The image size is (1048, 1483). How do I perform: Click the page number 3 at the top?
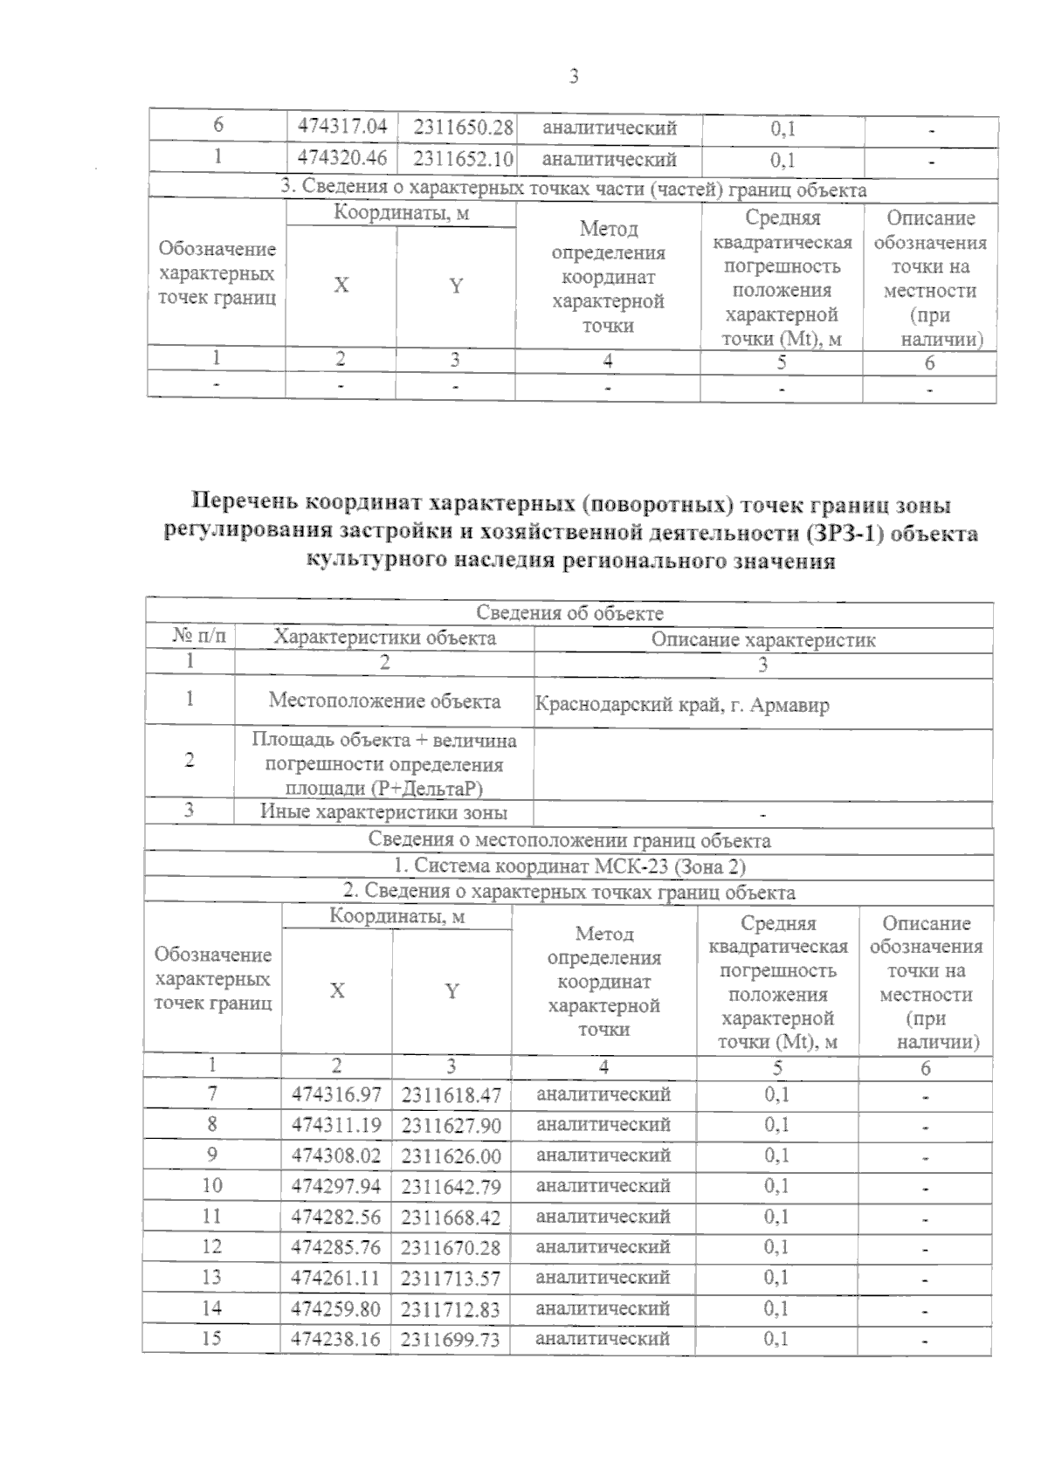tap(574, 77)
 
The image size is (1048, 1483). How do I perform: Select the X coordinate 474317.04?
tap(342, 128)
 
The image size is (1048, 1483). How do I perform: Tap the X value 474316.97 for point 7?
tap(336, 1094)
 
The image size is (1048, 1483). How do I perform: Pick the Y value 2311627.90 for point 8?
tap(452, 1125)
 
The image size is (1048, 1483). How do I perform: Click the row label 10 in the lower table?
tap(212, 1185)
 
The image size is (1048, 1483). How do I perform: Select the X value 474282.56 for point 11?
tap(336, 1217)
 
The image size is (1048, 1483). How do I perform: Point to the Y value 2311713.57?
tap(452, 1278)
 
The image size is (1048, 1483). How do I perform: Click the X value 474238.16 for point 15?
tap(336, 1339)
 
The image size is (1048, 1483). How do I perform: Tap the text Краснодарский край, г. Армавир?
tap(682, 705)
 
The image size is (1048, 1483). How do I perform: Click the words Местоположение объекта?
tap(384, 700)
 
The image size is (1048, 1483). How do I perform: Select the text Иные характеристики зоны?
tap(383, 812)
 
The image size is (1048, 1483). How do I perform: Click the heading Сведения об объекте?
tap(569, 614)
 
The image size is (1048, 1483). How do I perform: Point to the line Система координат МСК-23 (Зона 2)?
tap(569, 867)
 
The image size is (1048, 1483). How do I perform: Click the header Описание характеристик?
tap(763, 639)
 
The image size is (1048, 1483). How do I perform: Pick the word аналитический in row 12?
tap(603, 1246)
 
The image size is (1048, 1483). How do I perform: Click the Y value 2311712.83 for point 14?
tap(452, 1308)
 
